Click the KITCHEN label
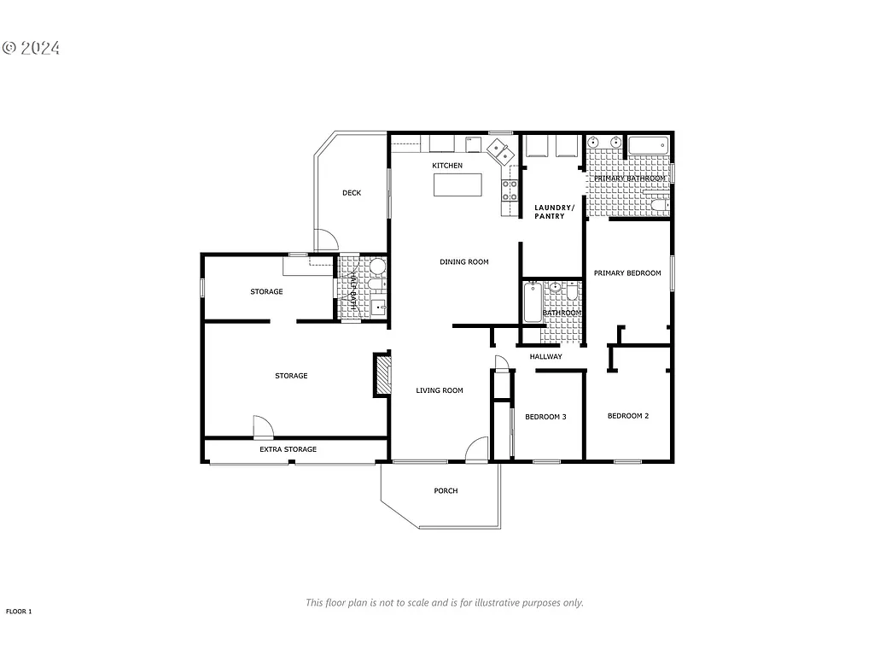447,165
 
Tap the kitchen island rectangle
458,184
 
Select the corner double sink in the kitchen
500,152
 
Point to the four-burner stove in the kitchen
510,190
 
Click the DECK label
352,193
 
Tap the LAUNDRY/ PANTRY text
550,212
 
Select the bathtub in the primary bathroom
648,145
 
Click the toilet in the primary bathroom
658,203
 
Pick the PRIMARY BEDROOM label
627,273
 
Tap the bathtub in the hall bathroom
532,302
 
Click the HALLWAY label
545,356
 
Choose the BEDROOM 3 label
545,417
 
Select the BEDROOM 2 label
628,416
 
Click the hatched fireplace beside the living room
382,375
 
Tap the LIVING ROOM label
440,390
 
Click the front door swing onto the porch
477,449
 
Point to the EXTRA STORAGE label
288,449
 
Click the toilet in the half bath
377,266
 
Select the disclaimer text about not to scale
444,602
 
